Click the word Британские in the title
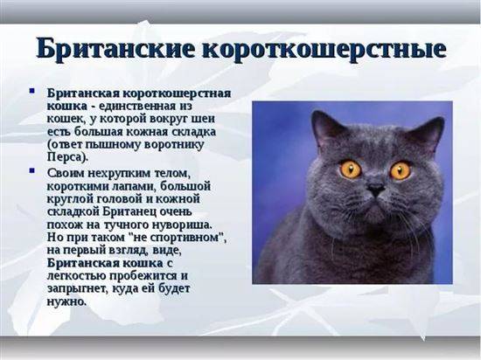115,48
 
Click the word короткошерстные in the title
324,50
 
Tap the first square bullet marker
32,91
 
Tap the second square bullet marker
32,170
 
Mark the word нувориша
184,225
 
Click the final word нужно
65,301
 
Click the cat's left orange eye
351,170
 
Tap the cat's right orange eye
401,170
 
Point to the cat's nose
376,189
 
